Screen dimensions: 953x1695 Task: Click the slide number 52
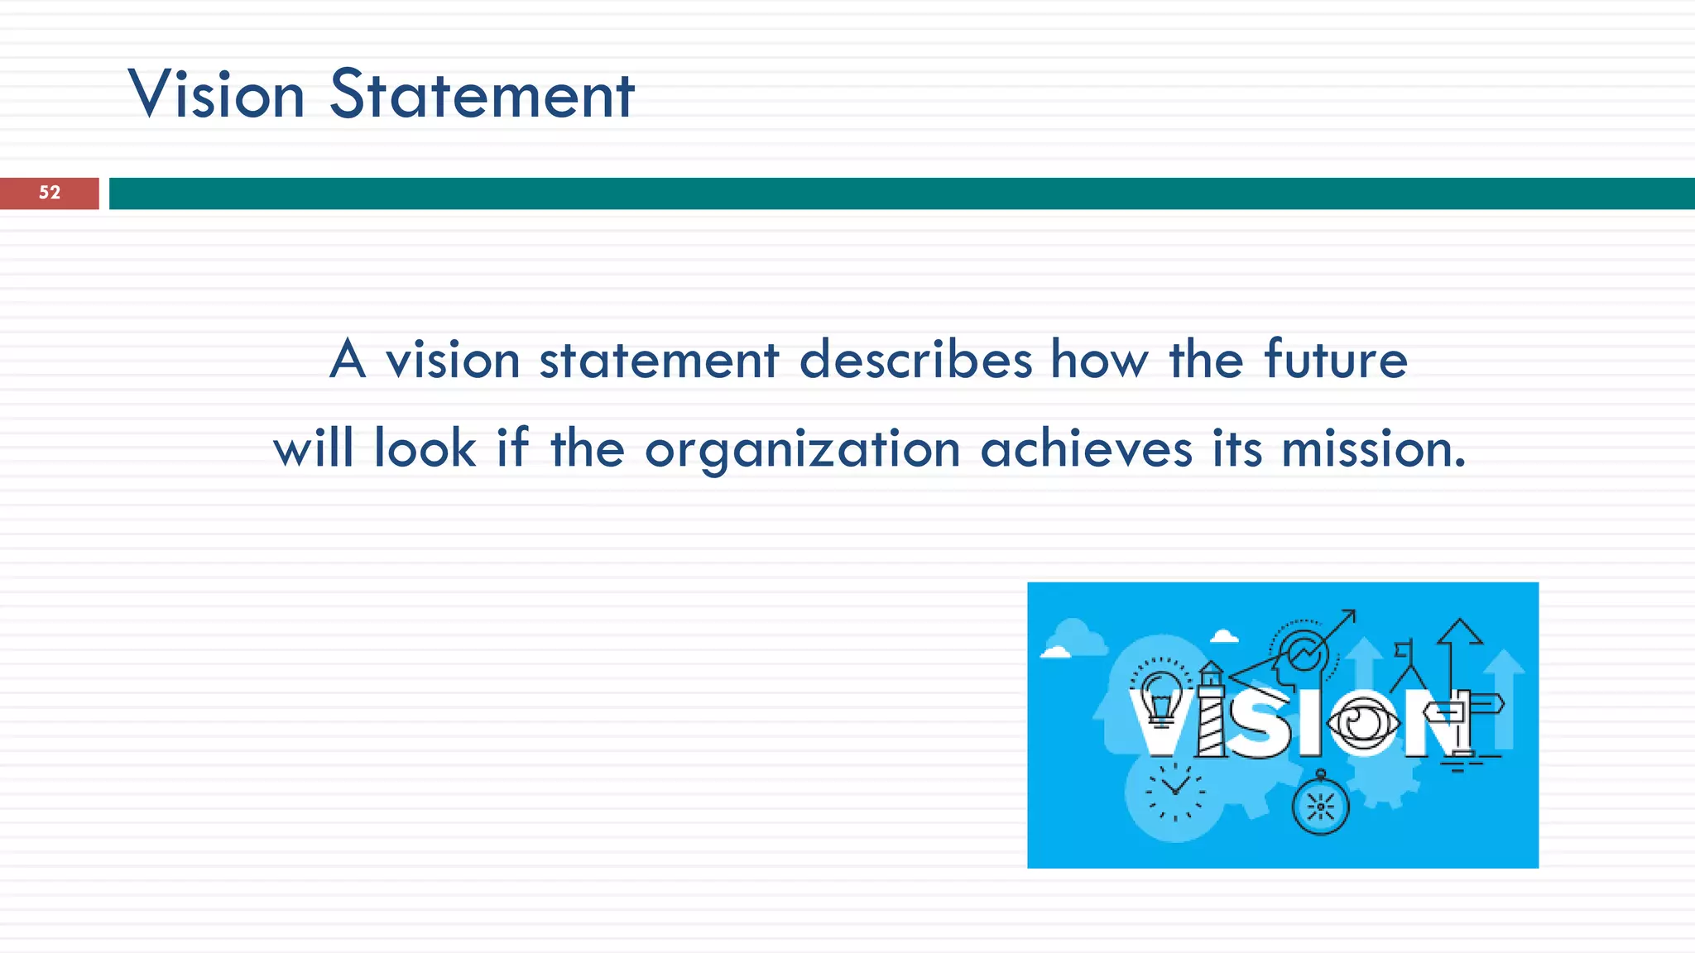tap(50, 193)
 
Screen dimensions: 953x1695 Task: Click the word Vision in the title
tap(217, 95)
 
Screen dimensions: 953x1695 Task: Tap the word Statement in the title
tap(482, 95)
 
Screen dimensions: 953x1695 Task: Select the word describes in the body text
tap(915, 361)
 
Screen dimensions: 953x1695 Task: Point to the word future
tap(1336, 361)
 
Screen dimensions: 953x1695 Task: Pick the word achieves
tap(1086, 449)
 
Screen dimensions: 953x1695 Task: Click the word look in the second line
tap(425, 449)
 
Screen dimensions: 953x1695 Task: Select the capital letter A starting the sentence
tap(348, 361)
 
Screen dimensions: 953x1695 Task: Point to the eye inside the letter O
tap(1362, 722)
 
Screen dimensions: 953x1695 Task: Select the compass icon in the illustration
tap(1320, 805)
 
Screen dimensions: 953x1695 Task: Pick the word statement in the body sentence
tap(659, 361)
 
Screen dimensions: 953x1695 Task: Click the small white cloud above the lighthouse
tap(1224, 635)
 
